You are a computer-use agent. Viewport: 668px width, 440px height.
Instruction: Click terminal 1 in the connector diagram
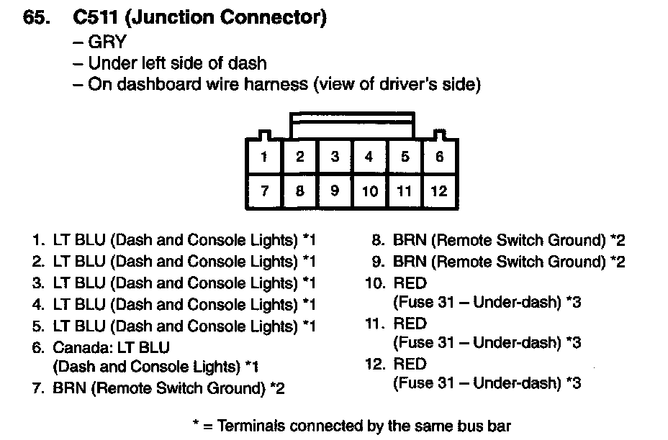265,157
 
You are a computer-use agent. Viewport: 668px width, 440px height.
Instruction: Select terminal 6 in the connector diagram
439,157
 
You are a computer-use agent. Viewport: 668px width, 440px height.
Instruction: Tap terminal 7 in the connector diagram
265,191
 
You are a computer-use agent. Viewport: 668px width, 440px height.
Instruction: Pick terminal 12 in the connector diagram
439,191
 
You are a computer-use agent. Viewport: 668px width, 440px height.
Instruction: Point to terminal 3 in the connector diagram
335,157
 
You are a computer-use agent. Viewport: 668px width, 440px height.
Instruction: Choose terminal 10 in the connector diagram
369,191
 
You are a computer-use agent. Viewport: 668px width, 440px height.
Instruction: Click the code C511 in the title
96,19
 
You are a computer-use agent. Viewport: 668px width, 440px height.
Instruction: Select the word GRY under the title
107,42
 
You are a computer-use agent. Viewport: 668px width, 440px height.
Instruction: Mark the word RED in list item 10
410,283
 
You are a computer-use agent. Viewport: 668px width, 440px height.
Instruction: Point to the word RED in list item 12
410,364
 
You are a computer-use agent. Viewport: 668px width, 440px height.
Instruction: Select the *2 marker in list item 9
617,261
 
